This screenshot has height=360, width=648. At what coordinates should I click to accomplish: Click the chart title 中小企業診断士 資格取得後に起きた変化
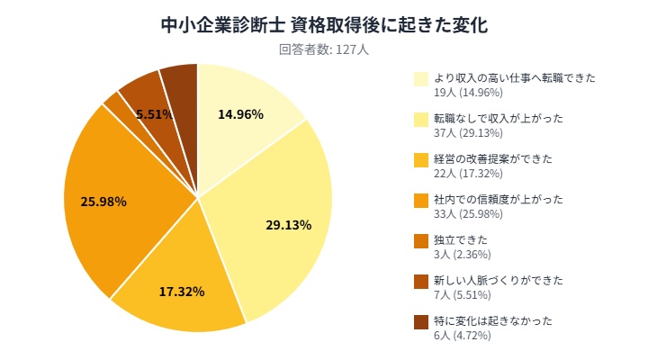coord(324,24)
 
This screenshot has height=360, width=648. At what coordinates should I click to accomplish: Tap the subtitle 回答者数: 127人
coord(324,50)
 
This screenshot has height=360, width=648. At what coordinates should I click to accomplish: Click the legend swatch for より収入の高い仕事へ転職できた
coord(421,78)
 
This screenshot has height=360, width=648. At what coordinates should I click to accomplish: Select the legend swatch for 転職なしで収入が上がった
coord(421,119)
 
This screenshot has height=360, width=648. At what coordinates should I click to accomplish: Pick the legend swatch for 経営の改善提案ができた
coord(421,159)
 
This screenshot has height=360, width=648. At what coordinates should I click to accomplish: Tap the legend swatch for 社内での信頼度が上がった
coord(421,200)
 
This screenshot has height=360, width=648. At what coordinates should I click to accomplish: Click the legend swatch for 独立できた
coord(421,240)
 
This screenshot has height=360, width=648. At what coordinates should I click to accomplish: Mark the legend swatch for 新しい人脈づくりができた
coord(421,281)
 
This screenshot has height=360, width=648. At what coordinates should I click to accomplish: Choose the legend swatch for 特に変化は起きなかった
coord(421,321)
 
